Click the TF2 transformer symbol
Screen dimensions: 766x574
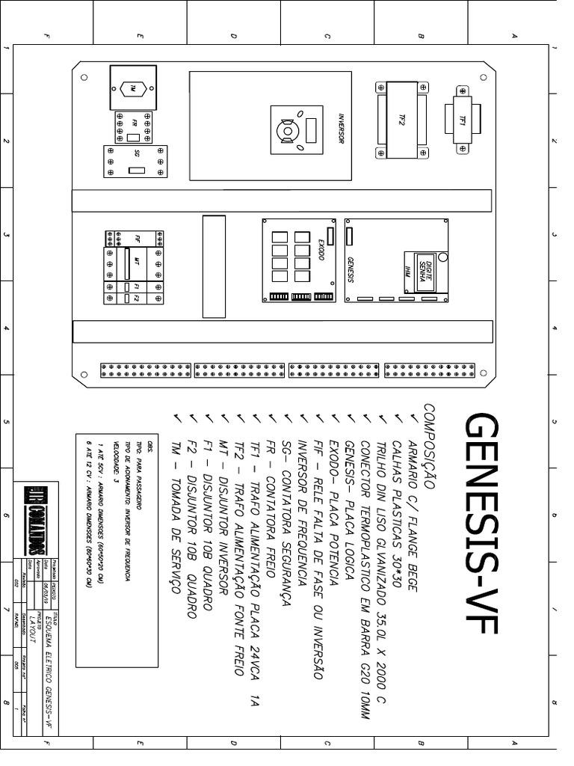(x=401, y=120)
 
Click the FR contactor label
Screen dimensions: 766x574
(x=135, y=122)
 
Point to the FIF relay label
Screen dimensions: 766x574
(x=138, y=239)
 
